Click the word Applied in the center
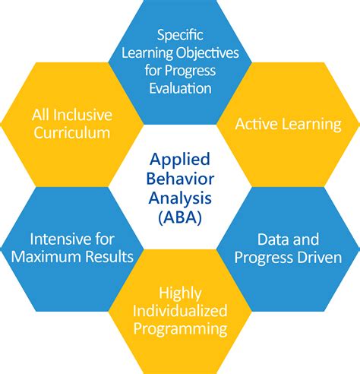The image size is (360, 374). point(180,161)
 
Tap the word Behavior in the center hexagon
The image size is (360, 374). point(180,179)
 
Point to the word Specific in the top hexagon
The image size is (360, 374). point(180,35)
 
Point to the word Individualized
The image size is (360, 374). point(180,311)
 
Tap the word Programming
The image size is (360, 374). point(180,329)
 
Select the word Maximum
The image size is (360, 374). point(51,257)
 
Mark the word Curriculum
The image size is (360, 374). point(72,133)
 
